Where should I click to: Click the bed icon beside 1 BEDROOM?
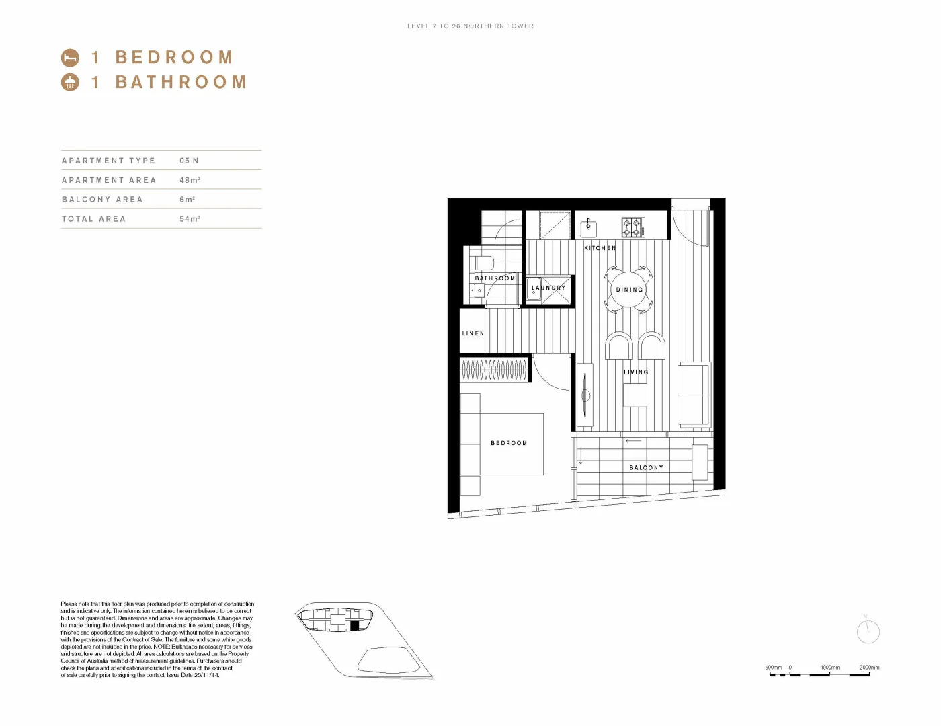[x=70, y=58]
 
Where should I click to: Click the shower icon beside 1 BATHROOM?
[x=70, y=82]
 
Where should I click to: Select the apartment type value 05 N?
[x=189, y=161]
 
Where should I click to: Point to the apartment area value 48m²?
[x=190, y=180]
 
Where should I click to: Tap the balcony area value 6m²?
[x=187, y=200]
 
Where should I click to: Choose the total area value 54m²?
[x=190, y=219]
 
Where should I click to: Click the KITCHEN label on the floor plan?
[x=600, y=248]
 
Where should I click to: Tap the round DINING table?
[x=629, y=290]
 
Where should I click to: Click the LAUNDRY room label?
[x=548, y=288]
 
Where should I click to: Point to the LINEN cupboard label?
[x=473, y=333]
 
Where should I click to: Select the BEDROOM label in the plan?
[x=509, y=443]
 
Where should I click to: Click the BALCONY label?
[x=646, y=467]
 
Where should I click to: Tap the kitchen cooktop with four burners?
[x=632, y=227]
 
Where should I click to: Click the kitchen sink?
[x=588, y=227]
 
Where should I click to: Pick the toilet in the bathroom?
[x=482, y=262]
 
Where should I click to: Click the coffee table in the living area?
[x=635, y=395]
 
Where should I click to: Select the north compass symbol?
[x=868, y=631]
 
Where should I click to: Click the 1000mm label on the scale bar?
[x=830, y=668]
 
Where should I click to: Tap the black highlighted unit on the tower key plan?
[x=355, y=625]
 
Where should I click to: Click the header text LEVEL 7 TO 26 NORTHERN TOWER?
[x=470, y=26]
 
